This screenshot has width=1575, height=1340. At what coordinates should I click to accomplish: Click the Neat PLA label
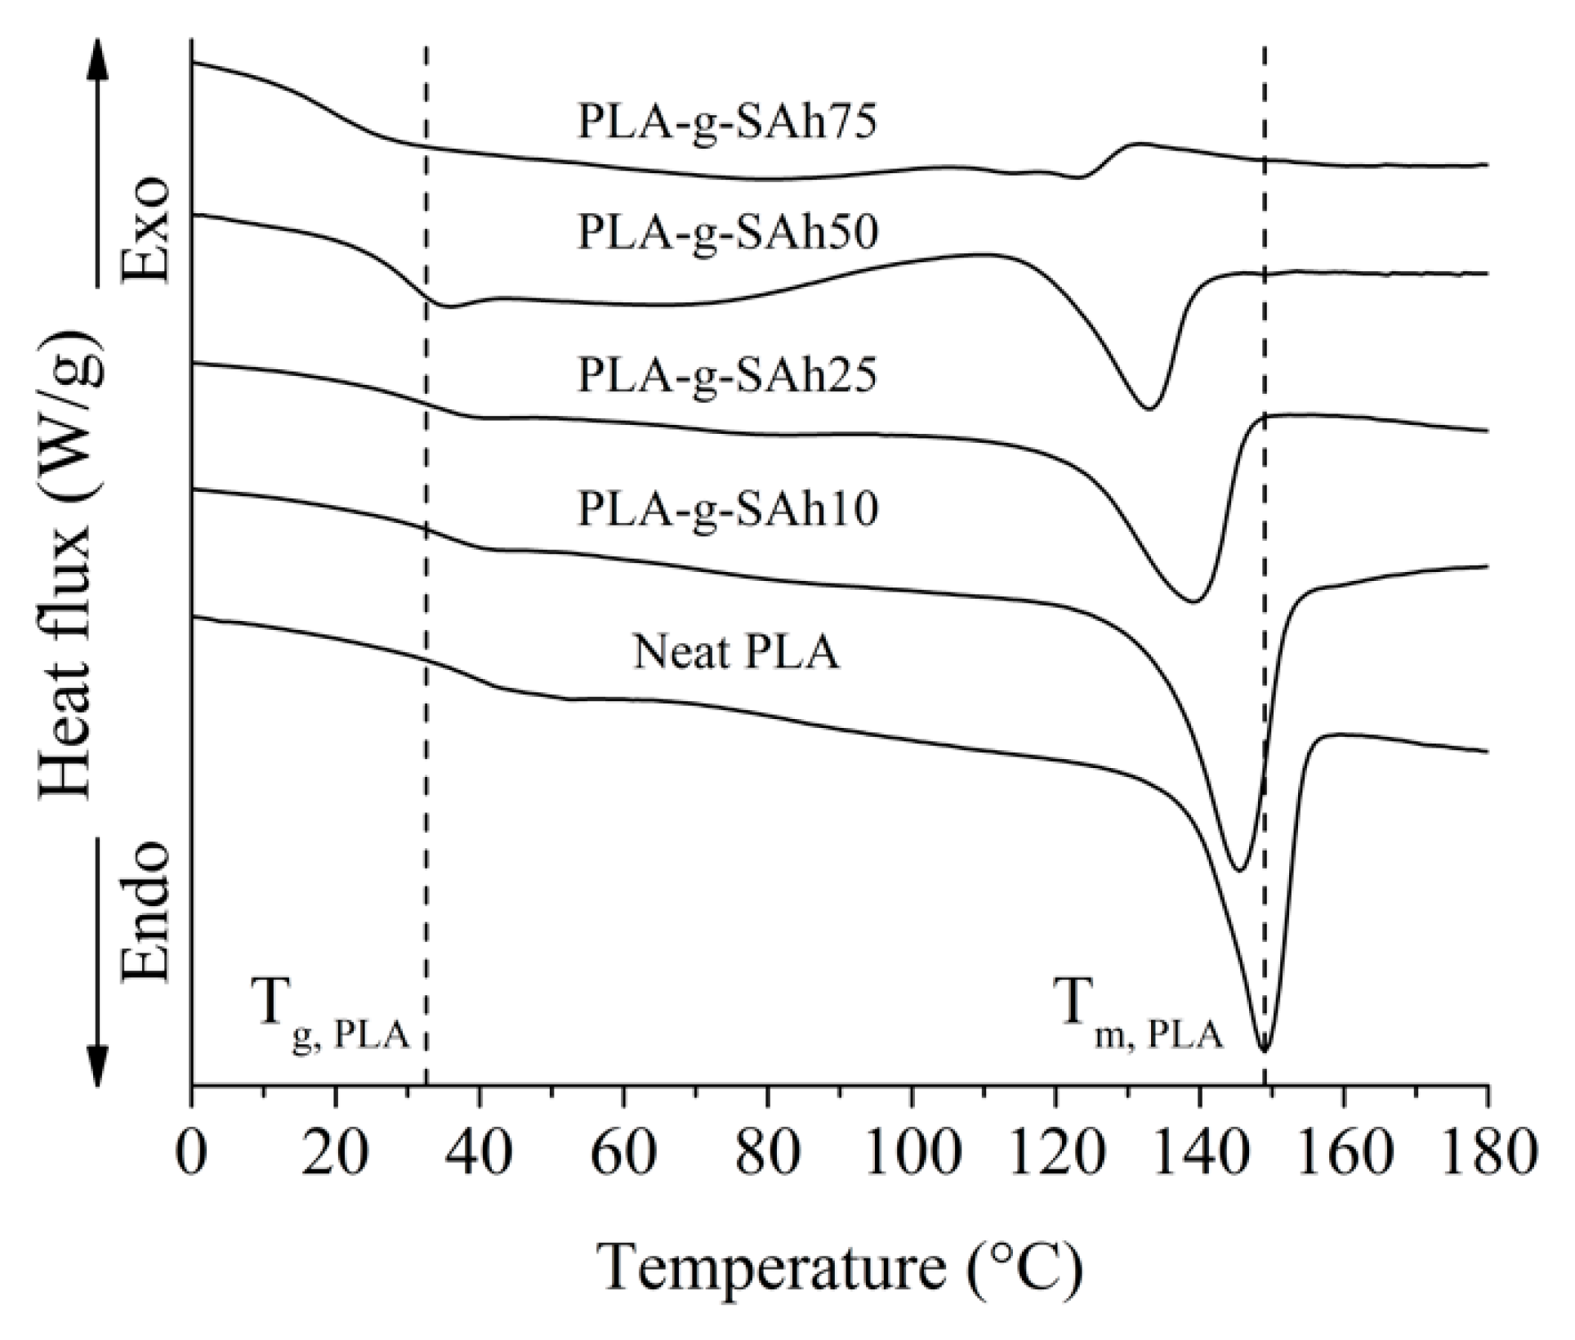click(736, 654)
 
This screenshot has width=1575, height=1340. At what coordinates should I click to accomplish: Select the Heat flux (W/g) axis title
click(74, 563)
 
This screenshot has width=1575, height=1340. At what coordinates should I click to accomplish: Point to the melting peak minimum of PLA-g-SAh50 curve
click(1149, 408)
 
